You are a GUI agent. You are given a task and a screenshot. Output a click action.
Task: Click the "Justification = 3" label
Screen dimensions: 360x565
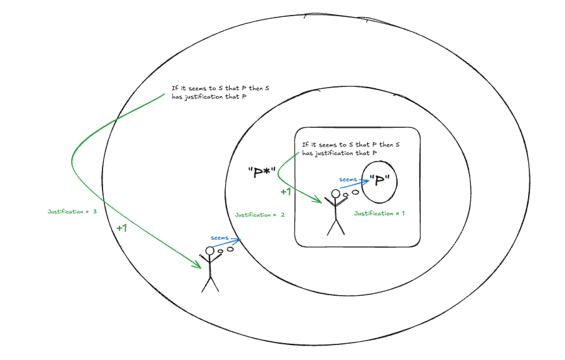(x=72, y=211)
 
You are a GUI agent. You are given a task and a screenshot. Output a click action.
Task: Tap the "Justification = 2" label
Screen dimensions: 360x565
(x=260, y=214)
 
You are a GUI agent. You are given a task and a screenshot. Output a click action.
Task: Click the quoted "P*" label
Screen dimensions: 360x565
(x=262, y=173)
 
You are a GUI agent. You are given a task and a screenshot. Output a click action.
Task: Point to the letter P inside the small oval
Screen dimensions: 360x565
(x=379, y=181)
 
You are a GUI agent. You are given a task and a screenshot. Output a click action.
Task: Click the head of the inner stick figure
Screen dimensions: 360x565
(x=335, y=193)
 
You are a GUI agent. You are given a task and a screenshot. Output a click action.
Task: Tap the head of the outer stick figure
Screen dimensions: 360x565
(x=210, y=251)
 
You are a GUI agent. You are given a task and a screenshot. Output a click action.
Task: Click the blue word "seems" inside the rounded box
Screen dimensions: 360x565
(x=348, y=180)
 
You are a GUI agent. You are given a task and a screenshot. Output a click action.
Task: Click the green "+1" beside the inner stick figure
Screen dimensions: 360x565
(x=285, y=192)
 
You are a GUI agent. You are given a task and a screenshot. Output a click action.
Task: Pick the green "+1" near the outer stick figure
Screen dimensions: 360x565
(x=122, y=228)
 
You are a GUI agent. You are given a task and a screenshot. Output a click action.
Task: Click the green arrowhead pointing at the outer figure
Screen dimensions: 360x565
(x=197, y=265)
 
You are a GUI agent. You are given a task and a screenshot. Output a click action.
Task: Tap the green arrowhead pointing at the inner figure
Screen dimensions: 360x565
(x=319, y=200)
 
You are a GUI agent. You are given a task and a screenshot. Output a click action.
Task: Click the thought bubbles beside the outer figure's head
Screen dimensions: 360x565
(x=226, y=250)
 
